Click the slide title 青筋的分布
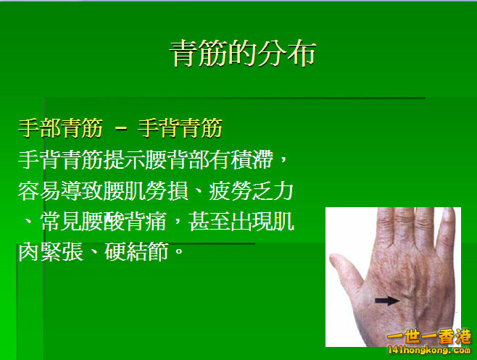pos(243,54)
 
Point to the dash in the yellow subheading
pos(121,130)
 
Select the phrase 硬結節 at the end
pos(136,252)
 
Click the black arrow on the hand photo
pos(387,300)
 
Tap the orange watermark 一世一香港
pos(429,338)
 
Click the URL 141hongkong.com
pos(429,351)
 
